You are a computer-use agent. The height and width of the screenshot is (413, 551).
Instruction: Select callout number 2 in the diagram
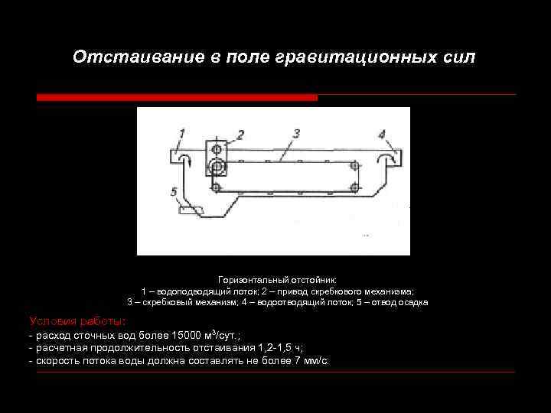click(x=240, y=135)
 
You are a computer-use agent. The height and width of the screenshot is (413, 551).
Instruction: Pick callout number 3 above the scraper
click(x=295, y=134)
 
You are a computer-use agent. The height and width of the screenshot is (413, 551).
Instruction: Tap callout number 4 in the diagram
click(x=381, y=134)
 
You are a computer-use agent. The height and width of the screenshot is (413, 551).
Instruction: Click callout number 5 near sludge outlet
click(x=175, y=190)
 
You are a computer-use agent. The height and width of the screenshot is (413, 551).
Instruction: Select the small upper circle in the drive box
click(x=217, y=148)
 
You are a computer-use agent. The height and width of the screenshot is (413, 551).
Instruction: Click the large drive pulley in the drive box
click(x=217, y=166)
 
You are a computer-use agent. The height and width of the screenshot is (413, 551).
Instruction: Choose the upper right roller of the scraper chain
click(x=354, y=164)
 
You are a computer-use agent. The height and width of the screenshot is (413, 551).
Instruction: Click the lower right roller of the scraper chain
click(x=354, y=187)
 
